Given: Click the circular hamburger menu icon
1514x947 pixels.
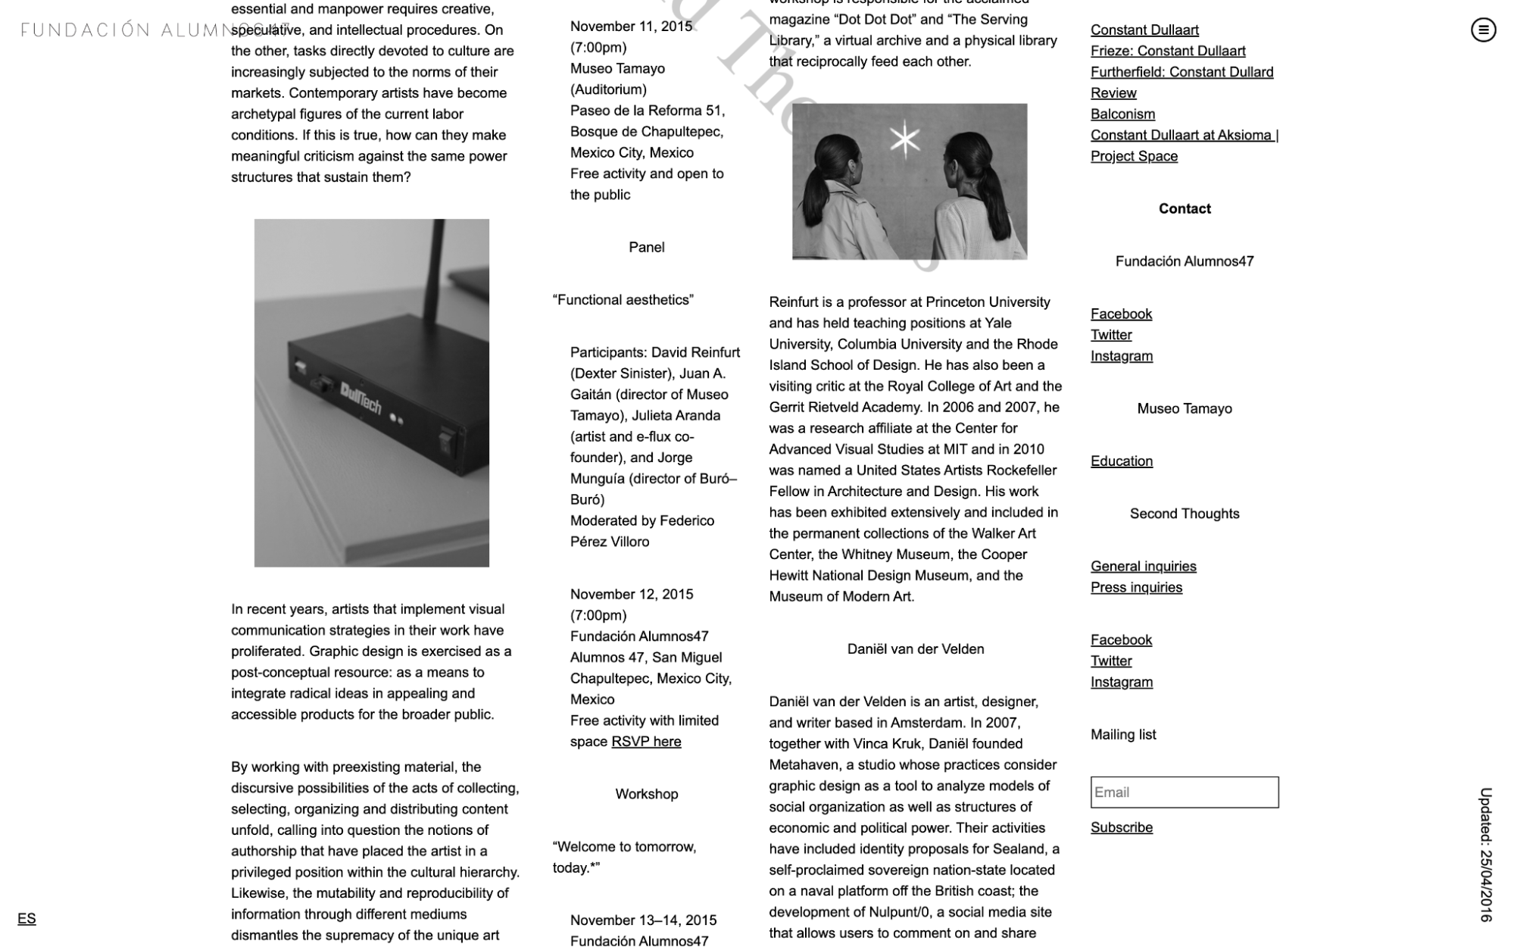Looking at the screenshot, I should [1483, 30].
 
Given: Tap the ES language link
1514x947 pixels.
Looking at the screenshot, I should [27, 919].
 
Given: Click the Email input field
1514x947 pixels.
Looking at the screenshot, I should [1184, 792].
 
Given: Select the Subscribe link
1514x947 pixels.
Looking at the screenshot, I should [1121, 828].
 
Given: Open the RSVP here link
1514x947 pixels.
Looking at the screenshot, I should [646, 742].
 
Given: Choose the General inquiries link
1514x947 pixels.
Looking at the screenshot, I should [1143, 567].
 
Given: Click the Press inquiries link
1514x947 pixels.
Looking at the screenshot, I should [1136, 588].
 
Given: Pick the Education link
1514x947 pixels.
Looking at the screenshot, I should [1121, 461].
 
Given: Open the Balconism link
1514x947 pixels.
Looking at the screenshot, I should [1122, 114].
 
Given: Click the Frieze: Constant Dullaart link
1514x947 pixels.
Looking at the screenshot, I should [1167, 52].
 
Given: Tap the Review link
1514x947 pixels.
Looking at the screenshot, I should [1113, 93].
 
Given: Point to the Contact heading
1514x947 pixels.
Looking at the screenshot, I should [1184, 209].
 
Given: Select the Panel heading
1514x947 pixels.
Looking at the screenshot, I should [646, 248].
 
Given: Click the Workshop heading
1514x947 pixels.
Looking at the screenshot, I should [646, 795].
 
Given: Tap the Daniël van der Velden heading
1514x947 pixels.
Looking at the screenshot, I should [915, 649].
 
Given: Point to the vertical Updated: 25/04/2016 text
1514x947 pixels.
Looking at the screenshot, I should [1486, 855].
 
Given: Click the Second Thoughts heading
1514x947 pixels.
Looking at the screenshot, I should [1184, 514].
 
